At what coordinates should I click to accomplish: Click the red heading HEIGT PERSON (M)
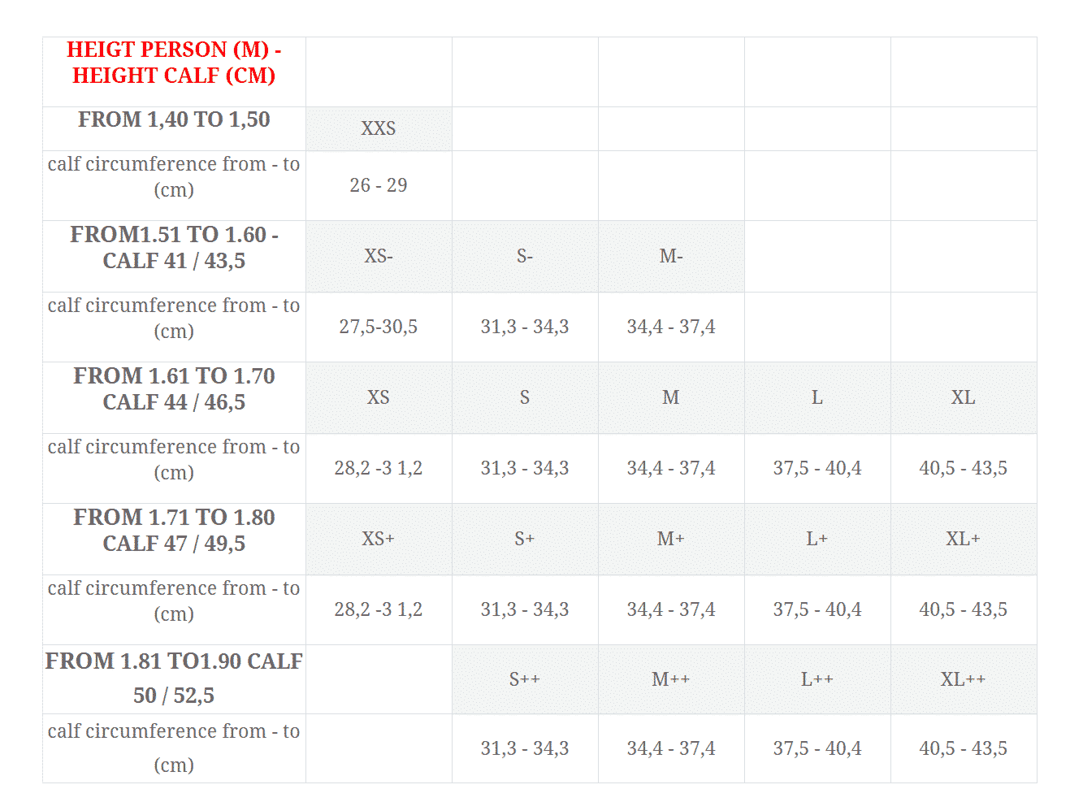point(173,50)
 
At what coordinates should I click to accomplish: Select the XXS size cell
point(379,128)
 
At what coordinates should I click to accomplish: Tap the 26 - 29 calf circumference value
point(379,185)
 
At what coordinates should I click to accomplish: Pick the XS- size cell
point(379,256)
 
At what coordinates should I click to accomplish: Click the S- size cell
point(525,256)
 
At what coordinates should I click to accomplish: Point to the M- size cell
point(671,256)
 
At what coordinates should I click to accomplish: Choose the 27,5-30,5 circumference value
point(379,327)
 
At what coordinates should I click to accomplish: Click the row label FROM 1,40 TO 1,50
point(174,119)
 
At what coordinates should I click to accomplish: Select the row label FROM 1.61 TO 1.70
point(174,376)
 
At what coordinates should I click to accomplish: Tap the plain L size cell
point(817,397)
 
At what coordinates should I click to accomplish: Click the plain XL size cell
point(964,397)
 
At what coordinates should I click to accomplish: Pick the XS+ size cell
point(379,539)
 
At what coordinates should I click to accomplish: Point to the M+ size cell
point(671,539)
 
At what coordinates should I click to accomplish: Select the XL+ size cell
point(964,539)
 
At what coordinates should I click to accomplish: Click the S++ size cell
point(525,679)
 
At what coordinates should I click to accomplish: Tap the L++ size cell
point(817,679)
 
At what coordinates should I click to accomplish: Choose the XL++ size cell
point(964,679)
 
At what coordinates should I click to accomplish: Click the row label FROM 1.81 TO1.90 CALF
point(174,661)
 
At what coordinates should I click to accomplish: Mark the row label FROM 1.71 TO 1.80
point(174,518)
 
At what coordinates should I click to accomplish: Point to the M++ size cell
point(671,679)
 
